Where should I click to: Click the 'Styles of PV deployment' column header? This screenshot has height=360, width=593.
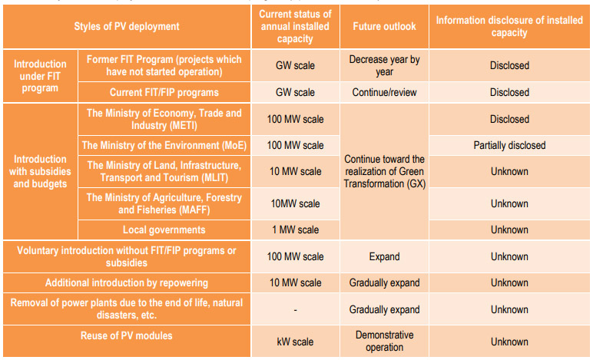click(127, 26)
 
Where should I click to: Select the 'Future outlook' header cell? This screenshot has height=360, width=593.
click(384, 26)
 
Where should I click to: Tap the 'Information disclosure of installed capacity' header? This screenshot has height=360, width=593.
click(509, 26)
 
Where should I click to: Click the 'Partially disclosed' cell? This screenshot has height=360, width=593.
click(509, 145)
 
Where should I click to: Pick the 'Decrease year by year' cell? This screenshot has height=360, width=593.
click(384, 65)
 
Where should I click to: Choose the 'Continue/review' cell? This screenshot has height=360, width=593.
click(384, 92)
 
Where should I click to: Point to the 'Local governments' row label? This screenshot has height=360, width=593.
click(164, 230)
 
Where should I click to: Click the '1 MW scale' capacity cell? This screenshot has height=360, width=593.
click(295, 230)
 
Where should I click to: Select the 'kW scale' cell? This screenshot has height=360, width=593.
click(295, 342)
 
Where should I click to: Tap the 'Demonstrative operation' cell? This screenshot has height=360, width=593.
click(384, 342)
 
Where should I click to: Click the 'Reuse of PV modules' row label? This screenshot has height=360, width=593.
click(127, 335)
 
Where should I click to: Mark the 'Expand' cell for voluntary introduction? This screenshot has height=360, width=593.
click(384, 257)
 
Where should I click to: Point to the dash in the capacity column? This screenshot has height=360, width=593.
click(295, 309)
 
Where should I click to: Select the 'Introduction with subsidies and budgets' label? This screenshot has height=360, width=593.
click(40, 172)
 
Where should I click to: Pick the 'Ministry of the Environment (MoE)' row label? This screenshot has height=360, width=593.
click(164, 145)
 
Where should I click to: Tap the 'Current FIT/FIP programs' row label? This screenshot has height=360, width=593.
click(164, 92)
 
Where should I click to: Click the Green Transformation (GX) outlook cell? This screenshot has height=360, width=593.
click(384, 171)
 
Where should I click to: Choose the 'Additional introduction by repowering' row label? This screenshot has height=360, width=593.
click(127, 283)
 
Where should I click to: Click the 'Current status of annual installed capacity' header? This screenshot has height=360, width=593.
click(295, 26)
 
